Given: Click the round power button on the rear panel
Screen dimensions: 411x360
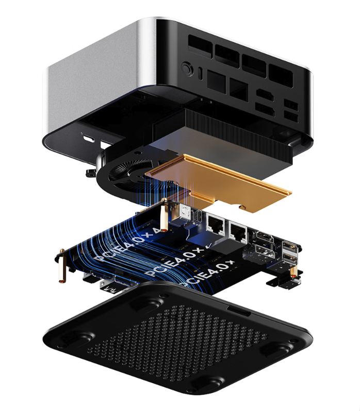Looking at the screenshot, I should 187,68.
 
